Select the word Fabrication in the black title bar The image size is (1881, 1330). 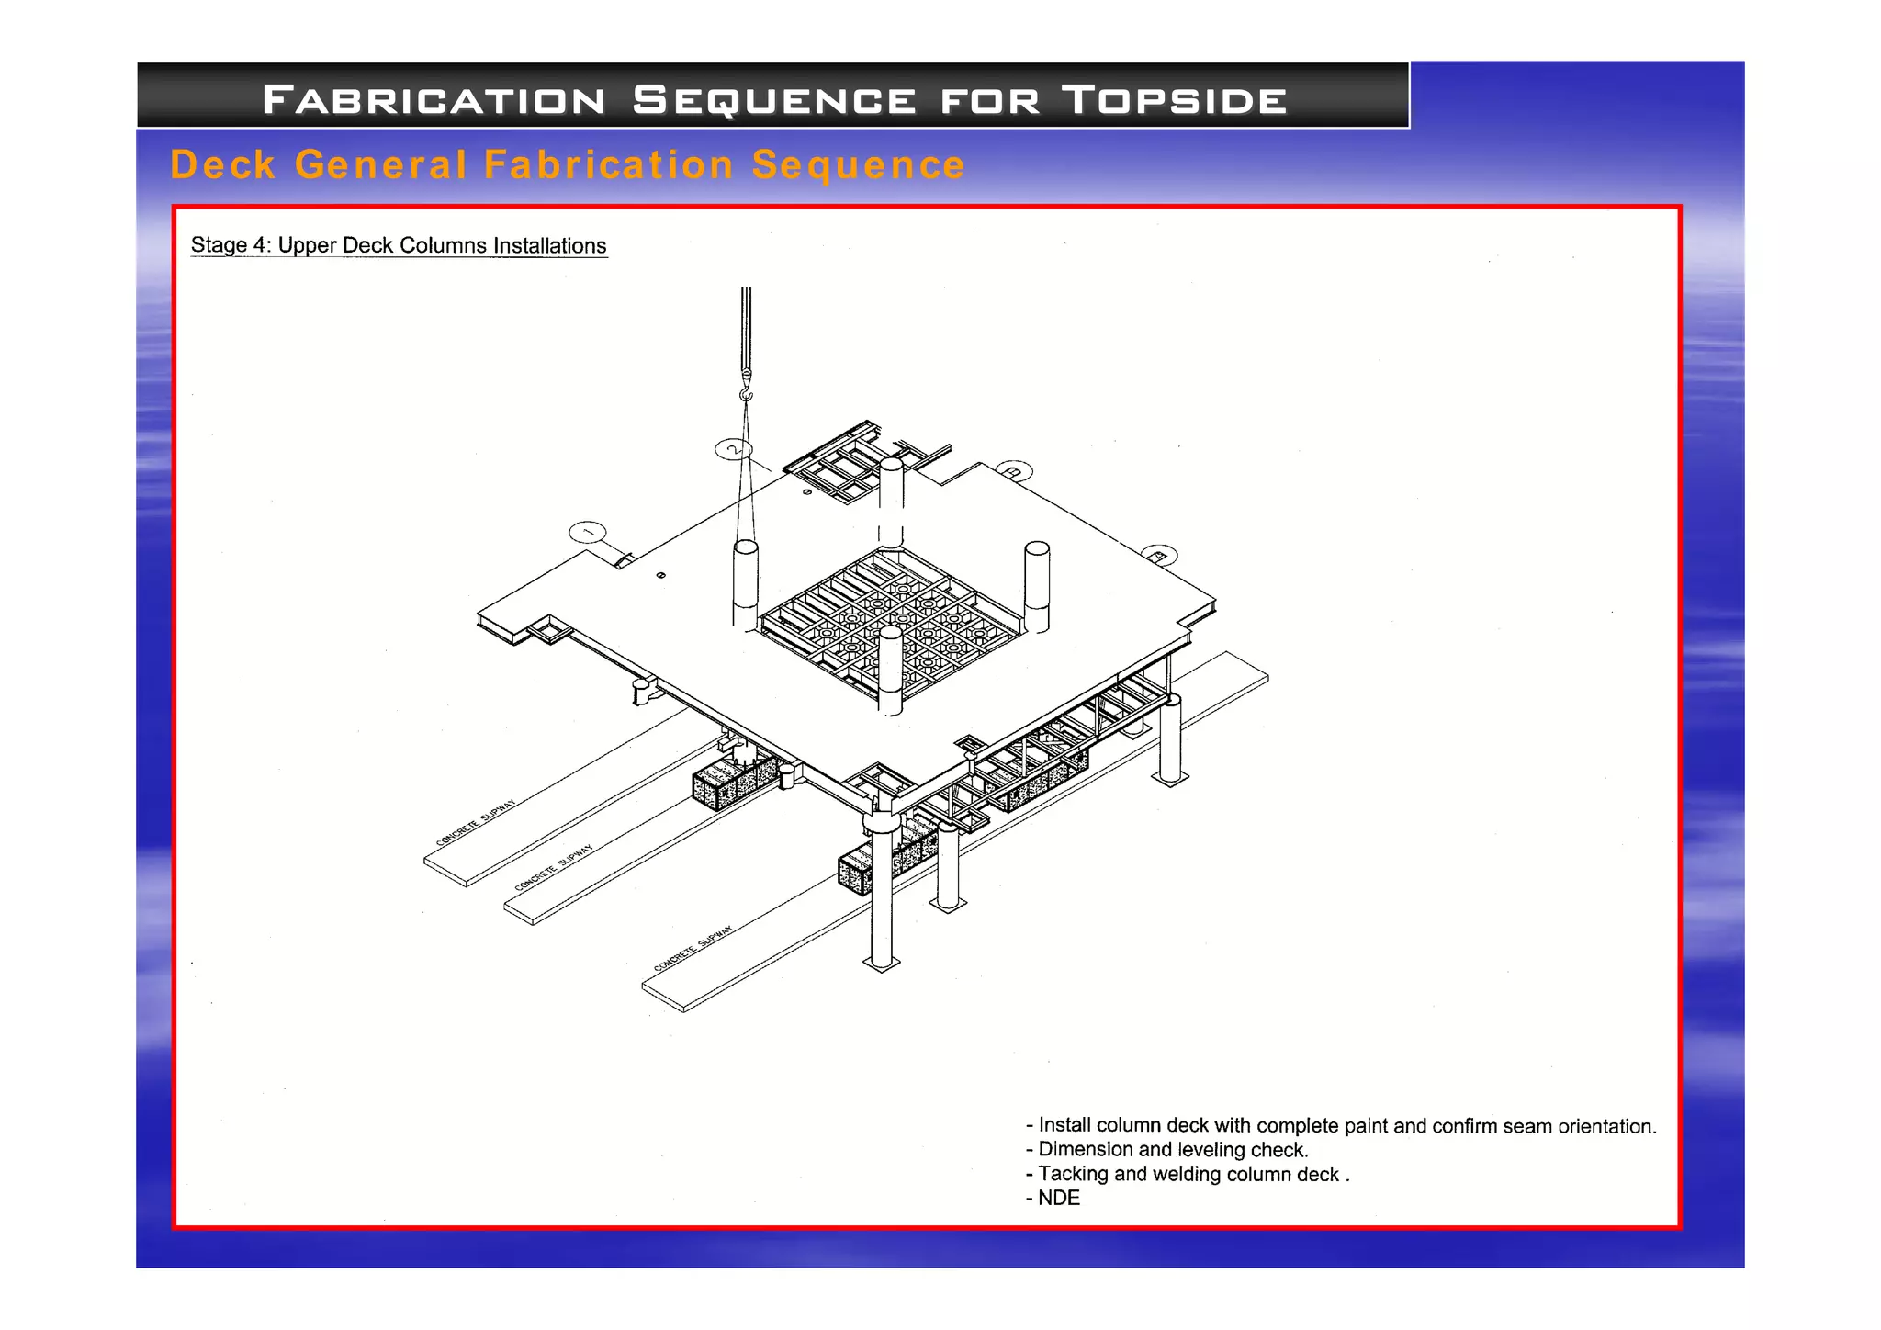pyautogui.click(x=434, y=99)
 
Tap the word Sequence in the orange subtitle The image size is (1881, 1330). pyautogui.click(x=858, y=165)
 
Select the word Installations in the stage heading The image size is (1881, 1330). pyautogui.click(x=549, y=245)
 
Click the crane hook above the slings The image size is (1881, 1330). pyautogui.click(x=746, y=392)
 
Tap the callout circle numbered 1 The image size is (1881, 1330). pyautogui.click(x=588, y=532)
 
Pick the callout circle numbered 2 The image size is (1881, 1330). pyautogui.click(x=733, y=449)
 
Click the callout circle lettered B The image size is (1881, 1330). pyautogui.click(x=1014, y=471)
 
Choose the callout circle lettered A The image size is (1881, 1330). pyautogui.click(x=1159, y=555)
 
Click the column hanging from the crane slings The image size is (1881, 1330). pyautogui.click(x=746, y=583)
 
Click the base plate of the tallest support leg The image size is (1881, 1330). pyautogui.click(x=882, y=964)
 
